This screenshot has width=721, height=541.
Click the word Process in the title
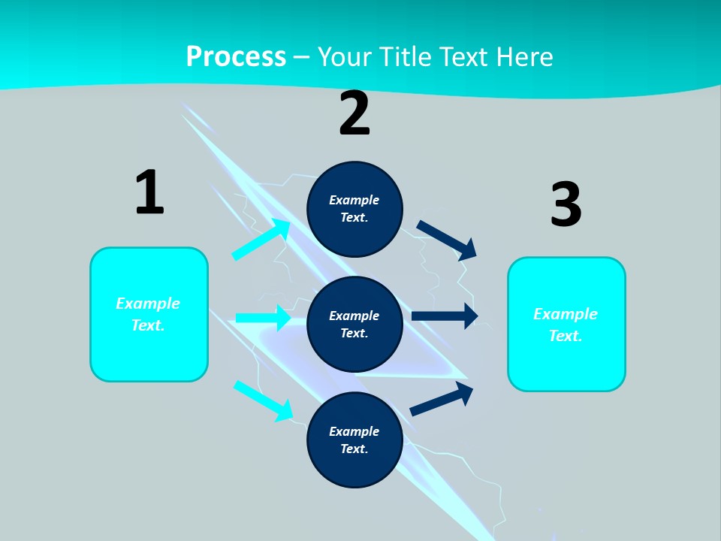click(236, 56)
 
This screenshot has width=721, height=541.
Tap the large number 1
click(149, 193)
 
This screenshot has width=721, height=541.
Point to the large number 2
click(354, 114)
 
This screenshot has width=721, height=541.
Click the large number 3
click(566, 205)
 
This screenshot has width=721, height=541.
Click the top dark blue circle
click(354, 209)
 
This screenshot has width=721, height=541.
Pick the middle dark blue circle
click(354, 324)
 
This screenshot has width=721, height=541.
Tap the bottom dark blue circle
click(354, 440)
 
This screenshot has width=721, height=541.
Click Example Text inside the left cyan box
click(148, 314)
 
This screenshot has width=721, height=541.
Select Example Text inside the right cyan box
click(566, 325)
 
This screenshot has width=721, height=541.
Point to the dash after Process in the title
click(302, 57)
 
